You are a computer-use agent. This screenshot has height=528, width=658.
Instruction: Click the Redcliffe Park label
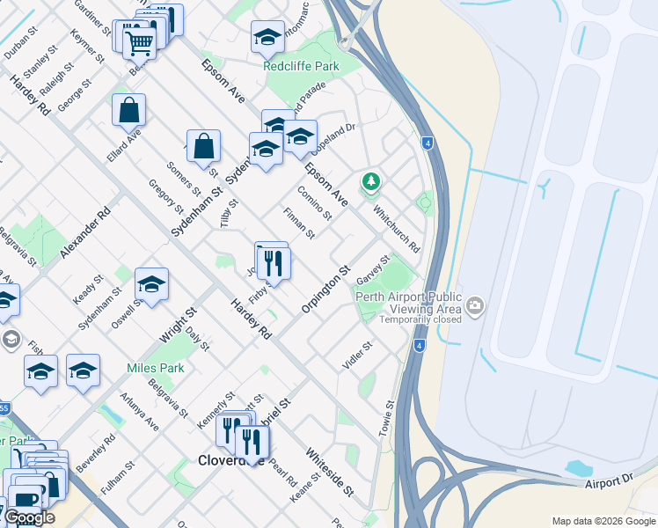point(301,66)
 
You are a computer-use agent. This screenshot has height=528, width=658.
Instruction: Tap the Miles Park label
point(155,368)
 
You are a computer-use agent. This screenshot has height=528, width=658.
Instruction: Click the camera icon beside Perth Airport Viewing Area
point(476,306)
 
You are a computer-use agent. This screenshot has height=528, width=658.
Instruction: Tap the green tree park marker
point(371,181)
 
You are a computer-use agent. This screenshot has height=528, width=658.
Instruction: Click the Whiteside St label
point(329,471)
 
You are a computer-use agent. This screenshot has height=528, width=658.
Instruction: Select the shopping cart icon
point(139,40)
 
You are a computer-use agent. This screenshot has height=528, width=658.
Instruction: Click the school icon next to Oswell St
point(151,284)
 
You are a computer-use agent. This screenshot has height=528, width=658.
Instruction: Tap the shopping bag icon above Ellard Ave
point(128,111)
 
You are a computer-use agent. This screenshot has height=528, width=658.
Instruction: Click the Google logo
point(29,517)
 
